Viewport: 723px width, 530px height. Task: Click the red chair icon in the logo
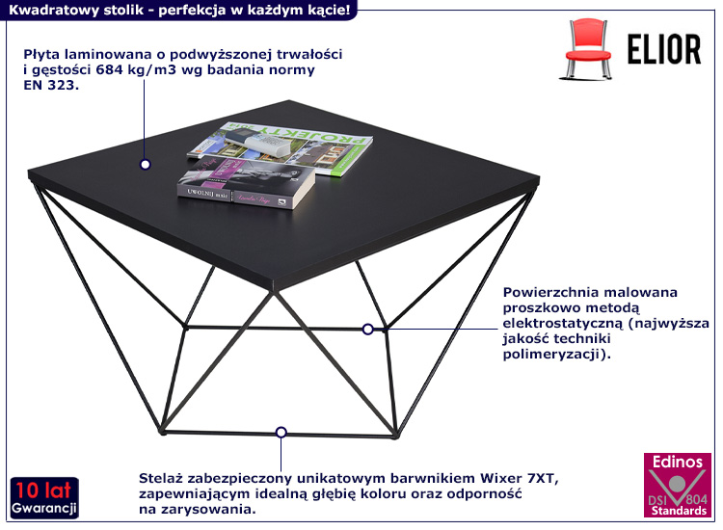tap(587, 48)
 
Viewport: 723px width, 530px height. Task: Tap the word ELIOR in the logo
tap(664, 49)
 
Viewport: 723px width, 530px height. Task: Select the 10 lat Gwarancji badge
tap(44, 498)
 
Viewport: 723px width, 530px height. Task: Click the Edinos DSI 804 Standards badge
tap(678, 485)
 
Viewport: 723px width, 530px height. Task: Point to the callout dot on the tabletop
tap(146, 165)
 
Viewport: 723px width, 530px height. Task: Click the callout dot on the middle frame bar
tap(367, 329)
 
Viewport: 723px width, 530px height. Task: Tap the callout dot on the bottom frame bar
tap(281, 433)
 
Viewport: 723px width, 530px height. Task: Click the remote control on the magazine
tap(258, 141)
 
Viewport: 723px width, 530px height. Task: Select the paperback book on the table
tap(246, 183)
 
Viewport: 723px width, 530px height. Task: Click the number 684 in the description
tap(109, 70)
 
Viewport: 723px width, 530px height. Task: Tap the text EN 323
tap(51, 85)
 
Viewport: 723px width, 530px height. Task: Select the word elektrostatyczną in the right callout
tap(563, 323)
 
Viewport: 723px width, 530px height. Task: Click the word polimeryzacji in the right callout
tap(552, 355)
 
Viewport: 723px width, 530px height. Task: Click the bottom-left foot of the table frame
tap(162, 432)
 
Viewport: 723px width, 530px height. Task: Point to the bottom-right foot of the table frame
tap(395, 435)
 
